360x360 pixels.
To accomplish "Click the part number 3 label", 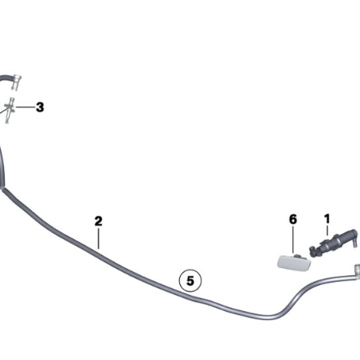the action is (40, 108).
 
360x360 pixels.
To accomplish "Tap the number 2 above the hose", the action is (99, 221).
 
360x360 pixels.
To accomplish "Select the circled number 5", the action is (191, 280).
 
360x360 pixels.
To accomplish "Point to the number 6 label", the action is (293, 219).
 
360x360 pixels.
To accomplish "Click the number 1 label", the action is (327, 219).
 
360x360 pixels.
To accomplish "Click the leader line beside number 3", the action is (25, 108).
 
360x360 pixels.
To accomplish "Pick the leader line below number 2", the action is (99, 239).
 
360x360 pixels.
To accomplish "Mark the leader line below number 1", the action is (327, 230).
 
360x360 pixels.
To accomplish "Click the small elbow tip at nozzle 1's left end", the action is (312, 250).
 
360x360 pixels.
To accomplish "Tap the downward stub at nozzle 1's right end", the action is (354, 242).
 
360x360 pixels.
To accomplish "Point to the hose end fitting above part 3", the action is (16, 82).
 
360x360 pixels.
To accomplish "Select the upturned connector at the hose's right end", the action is (357, 270).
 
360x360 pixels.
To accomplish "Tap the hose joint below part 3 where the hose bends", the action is (2, 187).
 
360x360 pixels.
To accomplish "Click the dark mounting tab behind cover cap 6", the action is (298, 256).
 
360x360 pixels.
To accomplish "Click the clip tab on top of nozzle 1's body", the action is (324, 241).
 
